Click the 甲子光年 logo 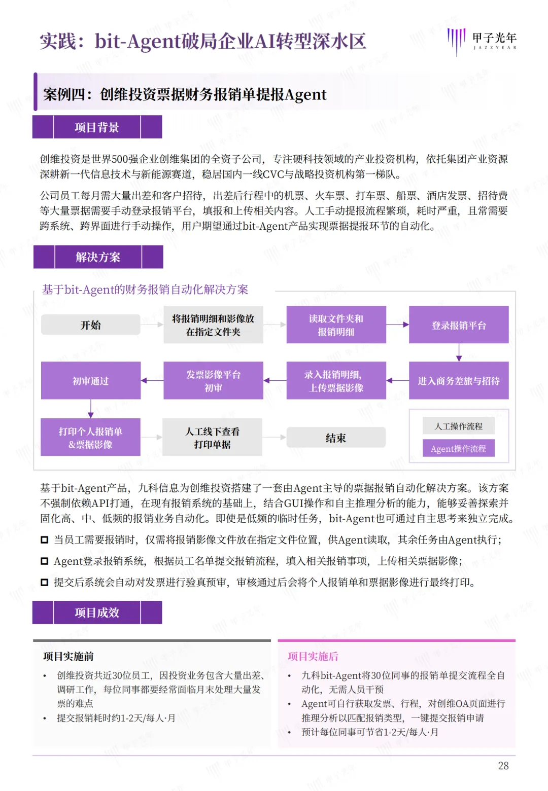tap(482, 41)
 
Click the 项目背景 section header tap(97, 127)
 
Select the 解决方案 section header tap(98, 257)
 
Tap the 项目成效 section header tap(97, 613)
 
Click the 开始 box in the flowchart tap(90, 325)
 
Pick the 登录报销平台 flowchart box tap(459, 325)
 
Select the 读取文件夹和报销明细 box tap(336, 325)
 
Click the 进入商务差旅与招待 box tap(459, 381)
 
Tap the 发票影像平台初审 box tap(213, 381)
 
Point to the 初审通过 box tap(90, 381)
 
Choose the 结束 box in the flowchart tap(336, 438)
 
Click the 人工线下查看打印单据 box tap(212, 438)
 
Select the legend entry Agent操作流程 tap(458, 449)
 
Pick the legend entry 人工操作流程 tap(458, 426)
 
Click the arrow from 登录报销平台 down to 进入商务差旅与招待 tap(459, 352)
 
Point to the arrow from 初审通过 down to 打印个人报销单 tap(90, 409)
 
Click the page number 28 tap(503, 766)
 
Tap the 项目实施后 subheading tap(313, 657)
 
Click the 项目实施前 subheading tap(68, 657)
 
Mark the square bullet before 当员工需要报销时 tap(45, 540)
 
